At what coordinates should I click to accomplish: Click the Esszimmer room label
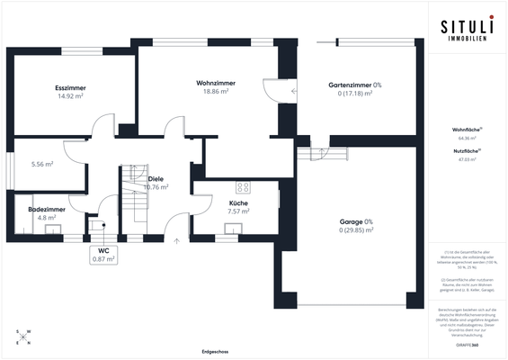tap(70, 87)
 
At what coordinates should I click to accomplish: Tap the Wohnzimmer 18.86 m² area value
tap(215, 92)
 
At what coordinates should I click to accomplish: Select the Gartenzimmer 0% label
tap(355, 85)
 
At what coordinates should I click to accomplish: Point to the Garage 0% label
tap(355, 221)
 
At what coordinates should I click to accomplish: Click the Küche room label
tap(238, 203)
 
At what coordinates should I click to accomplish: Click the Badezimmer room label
tap(43, 209)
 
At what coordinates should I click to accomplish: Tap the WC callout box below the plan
tap(103, 255)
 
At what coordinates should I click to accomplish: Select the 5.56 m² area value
tap(42, 165)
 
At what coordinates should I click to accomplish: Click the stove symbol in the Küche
tap(242, 187)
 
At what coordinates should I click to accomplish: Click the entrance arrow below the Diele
tap(176, 240)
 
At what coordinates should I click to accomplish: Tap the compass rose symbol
tap(22, 337)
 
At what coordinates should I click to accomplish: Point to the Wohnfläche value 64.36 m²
tap(468, 139)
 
